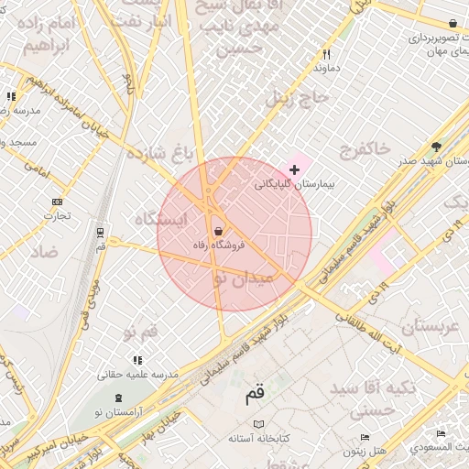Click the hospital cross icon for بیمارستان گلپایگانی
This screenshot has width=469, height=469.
pos(294,169)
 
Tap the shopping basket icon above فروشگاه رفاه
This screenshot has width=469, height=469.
pos(218,231)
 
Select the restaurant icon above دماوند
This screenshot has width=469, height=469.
pos(326,54)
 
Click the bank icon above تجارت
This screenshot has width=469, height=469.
pos(58,202)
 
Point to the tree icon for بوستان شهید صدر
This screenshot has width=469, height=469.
pos(436,147)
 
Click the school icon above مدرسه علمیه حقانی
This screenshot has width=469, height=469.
pos(137,361)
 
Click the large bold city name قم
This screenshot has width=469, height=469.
pos(254,396)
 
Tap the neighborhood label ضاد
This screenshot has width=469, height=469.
pos(43,251)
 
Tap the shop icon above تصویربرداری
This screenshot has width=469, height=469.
pos(453,23)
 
